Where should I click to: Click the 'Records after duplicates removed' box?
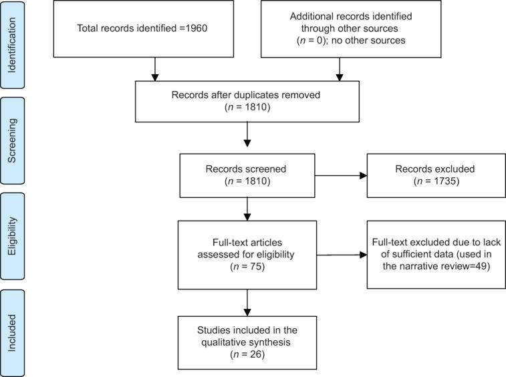click(247, 100)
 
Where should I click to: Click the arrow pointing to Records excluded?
click(342, 176)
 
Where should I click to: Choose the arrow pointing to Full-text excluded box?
click(342, 254)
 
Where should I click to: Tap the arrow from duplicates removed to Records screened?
click(247, 136)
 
